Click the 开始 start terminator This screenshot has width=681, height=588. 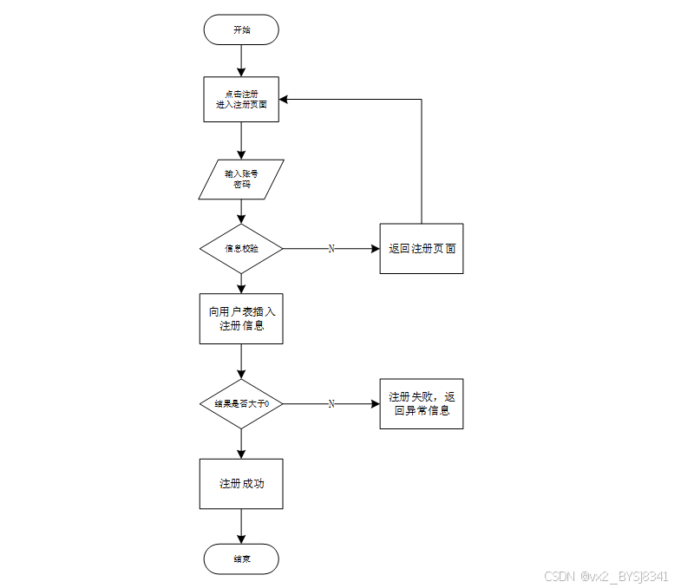click(241, 29)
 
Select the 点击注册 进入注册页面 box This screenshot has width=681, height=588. click(241, 99)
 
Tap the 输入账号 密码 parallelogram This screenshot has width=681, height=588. click(241, 179)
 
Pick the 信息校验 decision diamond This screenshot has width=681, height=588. click(241, 248)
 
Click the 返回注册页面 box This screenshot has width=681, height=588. click(422, 248)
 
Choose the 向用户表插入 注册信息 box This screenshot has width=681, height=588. click(241, 319)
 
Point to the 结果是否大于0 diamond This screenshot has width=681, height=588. click(241, 404)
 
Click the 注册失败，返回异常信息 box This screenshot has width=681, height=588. click(422, 404)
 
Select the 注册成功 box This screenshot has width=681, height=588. click(241, 484)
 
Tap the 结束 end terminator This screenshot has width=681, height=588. click(241, 559)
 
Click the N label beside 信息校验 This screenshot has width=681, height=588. click(331, 248)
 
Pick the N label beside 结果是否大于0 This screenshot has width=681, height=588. click(331, 404)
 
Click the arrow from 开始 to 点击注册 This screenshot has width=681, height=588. click(241, 60)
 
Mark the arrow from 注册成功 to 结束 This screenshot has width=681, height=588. click(241, 526)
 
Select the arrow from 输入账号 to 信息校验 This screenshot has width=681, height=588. click(241, 212)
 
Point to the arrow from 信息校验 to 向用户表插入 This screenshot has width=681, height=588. click(241, 284)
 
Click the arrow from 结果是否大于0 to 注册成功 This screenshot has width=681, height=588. click(241, 443)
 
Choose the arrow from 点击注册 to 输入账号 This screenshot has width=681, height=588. click(241, 140)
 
